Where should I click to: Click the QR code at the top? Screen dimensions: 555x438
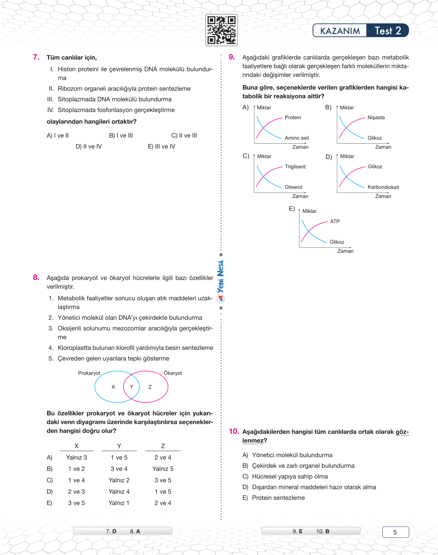pos(221,30)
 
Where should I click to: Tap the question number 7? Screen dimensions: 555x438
pos(36,57)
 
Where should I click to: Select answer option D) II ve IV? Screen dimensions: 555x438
pos(89,146)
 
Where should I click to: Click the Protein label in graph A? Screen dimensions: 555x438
pos(293,118)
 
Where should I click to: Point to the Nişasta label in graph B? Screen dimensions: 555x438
pos(376,118)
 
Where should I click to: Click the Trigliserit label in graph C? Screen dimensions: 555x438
pos(295,167)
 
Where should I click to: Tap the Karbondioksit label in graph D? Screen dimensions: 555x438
pos(383,187)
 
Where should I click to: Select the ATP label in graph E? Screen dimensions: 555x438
pos(335,221)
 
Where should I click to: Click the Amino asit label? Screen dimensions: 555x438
pos(296,138)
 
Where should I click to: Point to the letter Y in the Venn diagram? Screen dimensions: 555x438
pos(131,387)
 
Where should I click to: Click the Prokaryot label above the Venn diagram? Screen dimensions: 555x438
pos(89,373)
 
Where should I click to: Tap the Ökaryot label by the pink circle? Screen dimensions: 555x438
pos(173,373)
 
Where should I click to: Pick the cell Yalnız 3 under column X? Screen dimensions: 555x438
pos(76,457)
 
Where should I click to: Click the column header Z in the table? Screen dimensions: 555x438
pos(163,446)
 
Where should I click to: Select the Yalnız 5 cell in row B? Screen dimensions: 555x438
pos(163,469)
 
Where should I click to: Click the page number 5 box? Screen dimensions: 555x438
pos(395,532)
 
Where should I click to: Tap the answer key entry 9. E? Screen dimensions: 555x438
pos(297,531)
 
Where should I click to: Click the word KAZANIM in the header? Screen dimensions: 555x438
pos(340,31)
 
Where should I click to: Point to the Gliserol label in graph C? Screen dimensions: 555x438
pos(293,187)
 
